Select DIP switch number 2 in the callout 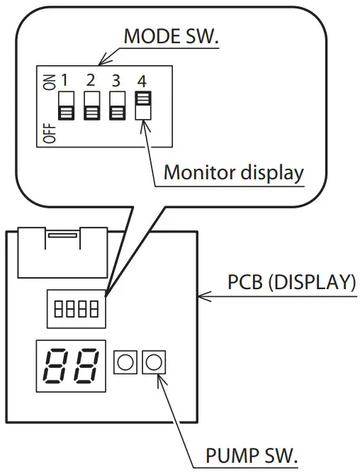click(x=91, y=105)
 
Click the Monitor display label click(x=233, y=172)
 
